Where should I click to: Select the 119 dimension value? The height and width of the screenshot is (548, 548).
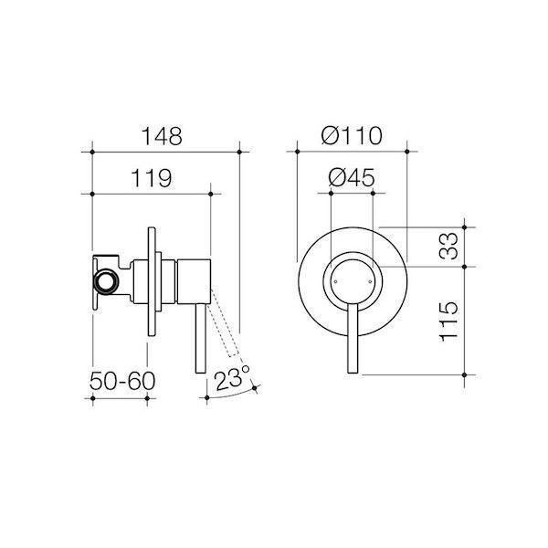pos(151,179)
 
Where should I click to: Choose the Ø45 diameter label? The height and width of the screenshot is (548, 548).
pos(352,179)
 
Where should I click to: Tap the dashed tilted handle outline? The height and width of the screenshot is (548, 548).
pos(227,323)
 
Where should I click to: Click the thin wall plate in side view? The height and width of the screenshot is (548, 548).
pos(149,281)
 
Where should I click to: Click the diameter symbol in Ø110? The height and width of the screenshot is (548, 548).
pos(330,135)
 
